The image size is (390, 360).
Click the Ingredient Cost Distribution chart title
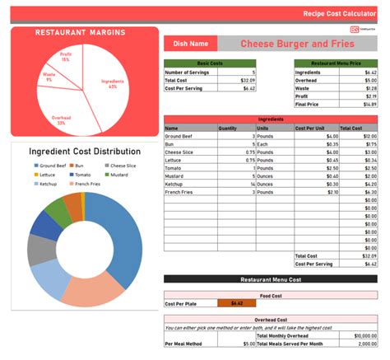pyautogui.click(x=85, y=152)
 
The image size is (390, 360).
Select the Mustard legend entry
pyautogui.click(x=118, y=175)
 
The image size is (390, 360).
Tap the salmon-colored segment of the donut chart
pyautogui.click(x=92, y=291)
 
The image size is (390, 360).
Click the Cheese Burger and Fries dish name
pyautogui.click(x=296, y=44)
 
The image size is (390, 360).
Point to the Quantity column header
pyautogui.click(x=228, y=129)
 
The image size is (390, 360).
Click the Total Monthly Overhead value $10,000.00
pyautogui.click(x=364, y=336)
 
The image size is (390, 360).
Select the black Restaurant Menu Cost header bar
pyautogui.click(x=271, y=279)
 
